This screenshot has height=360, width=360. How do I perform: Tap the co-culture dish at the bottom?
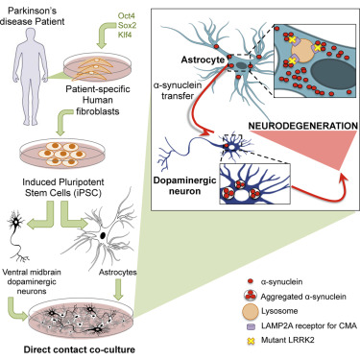[86, 311]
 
